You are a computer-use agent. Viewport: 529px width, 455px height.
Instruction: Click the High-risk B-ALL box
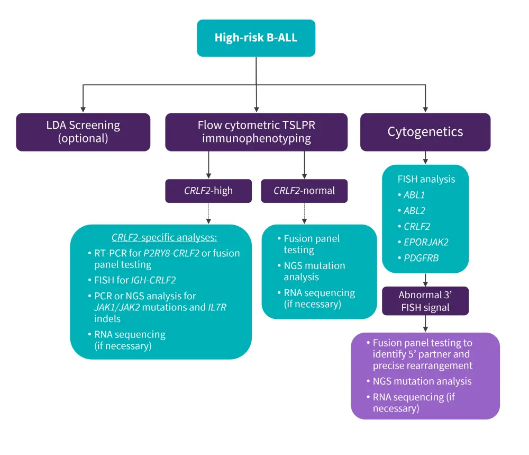(256, 38)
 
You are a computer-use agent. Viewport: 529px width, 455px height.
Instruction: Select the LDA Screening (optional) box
(83, 132)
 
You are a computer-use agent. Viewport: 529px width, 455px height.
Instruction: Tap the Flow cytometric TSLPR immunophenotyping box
(256, 132)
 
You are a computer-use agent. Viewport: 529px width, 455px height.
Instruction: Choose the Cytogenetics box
(425, 132)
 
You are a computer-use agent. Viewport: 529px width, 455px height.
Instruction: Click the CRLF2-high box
(208, 191)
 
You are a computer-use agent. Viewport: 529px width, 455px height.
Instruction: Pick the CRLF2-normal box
(304, 191)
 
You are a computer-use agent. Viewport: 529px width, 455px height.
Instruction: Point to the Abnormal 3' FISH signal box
(425, 301)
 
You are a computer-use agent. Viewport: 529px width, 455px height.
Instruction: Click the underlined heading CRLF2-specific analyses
(165, 237)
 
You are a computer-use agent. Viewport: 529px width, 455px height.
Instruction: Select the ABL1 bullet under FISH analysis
(414, 195)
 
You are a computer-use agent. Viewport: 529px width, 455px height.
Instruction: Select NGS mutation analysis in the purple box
(422, 381)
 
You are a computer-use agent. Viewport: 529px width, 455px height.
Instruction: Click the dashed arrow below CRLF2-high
(208, 213)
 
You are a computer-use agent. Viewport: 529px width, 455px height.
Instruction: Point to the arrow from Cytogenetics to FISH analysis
(425, 158)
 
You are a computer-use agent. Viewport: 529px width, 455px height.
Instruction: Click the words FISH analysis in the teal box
(426, 179)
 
